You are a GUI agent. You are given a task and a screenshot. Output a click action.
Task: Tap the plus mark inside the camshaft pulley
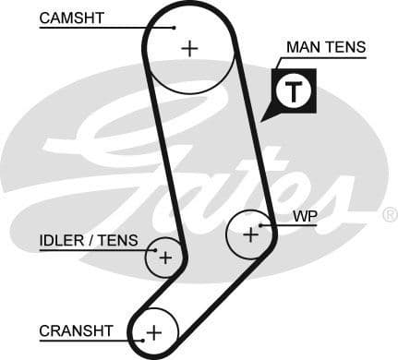click(x=189, y=48)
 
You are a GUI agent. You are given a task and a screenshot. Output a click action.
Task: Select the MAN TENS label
click(x=326, y=47)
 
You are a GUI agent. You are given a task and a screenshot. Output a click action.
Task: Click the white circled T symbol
click(x=294, y=91)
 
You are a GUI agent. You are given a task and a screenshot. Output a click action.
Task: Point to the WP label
click(x=305, y=217)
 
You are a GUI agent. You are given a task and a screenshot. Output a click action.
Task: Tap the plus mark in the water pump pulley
click(x=250, y=235)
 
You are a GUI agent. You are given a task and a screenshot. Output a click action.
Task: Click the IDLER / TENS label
click(x=89, y=241)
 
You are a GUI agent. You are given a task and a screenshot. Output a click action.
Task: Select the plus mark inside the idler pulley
click(x=164, y=258)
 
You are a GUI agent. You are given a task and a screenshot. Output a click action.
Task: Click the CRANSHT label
click(x=76, y=330)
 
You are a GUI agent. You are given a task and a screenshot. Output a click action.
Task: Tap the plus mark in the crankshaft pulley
click(x=154, y=331)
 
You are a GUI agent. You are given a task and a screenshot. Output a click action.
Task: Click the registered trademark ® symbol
click(x=389, y=215)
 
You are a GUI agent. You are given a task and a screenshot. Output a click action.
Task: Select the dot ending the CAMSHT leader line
click(x=174, y=27)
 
